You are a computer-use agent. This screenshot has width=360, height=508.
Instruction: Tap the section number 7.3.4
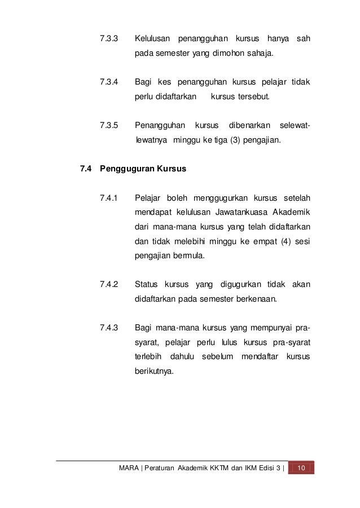coord(108,82)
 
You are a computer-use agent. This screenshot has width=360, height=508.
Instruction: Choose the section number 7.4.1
coord(108,198)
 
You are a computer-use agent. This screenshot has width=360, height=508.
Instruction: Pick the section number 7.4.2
coord(108,284)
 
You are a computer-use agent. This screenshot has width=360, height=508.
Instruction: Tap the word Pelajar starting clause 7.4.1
coord(148,198)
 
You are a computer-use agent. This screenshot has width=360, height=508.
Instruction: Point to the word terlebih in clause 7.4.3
coord(147,357)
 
